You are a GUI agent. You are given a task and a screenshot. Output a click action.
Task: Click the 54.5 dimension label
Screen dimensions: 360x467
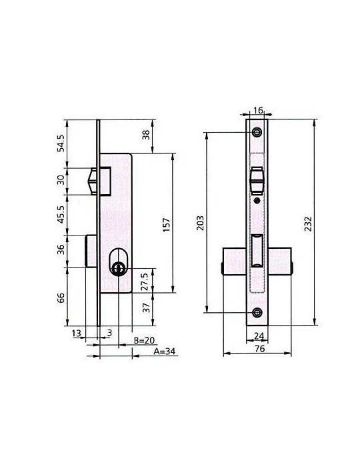tap(61, 143)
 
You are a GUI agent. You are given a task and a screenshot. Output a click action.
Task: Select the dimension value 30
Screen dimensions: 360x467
tap(61, 180)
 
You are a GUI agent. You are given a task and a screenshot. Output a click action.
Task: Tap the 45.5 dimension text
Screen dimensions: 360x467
tap(61, 214)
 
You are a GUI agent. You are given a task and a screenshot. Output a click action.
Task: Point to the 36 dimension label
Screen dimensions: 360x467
tap(61, 250)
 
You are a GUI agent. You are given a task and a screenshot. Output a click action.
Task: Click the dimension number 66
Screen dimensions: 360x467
tap(61, 298)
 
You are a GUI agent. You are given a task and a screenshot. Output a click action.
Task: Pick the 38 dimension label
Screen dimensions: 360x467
tap(146, 135)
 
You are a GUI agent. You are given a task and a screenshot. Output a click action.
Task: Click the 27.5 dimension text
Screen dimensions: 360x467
tap(145, 282)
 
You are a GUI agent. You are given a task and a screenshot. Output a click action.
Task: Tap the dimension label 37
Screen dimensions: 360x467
tap(146, 308)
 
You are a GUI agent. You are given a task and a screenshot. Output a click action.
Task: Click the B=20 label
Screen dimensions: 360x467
tap(144, 340)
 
